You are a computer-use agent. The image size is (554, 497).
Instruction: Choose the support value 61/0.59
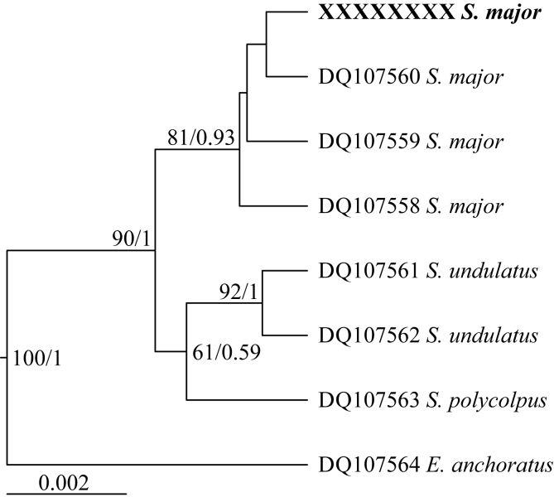click(x=226, y=353)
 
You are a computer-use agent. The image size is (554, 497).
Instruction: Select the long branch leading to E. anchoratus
click(x=157, y=465)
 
